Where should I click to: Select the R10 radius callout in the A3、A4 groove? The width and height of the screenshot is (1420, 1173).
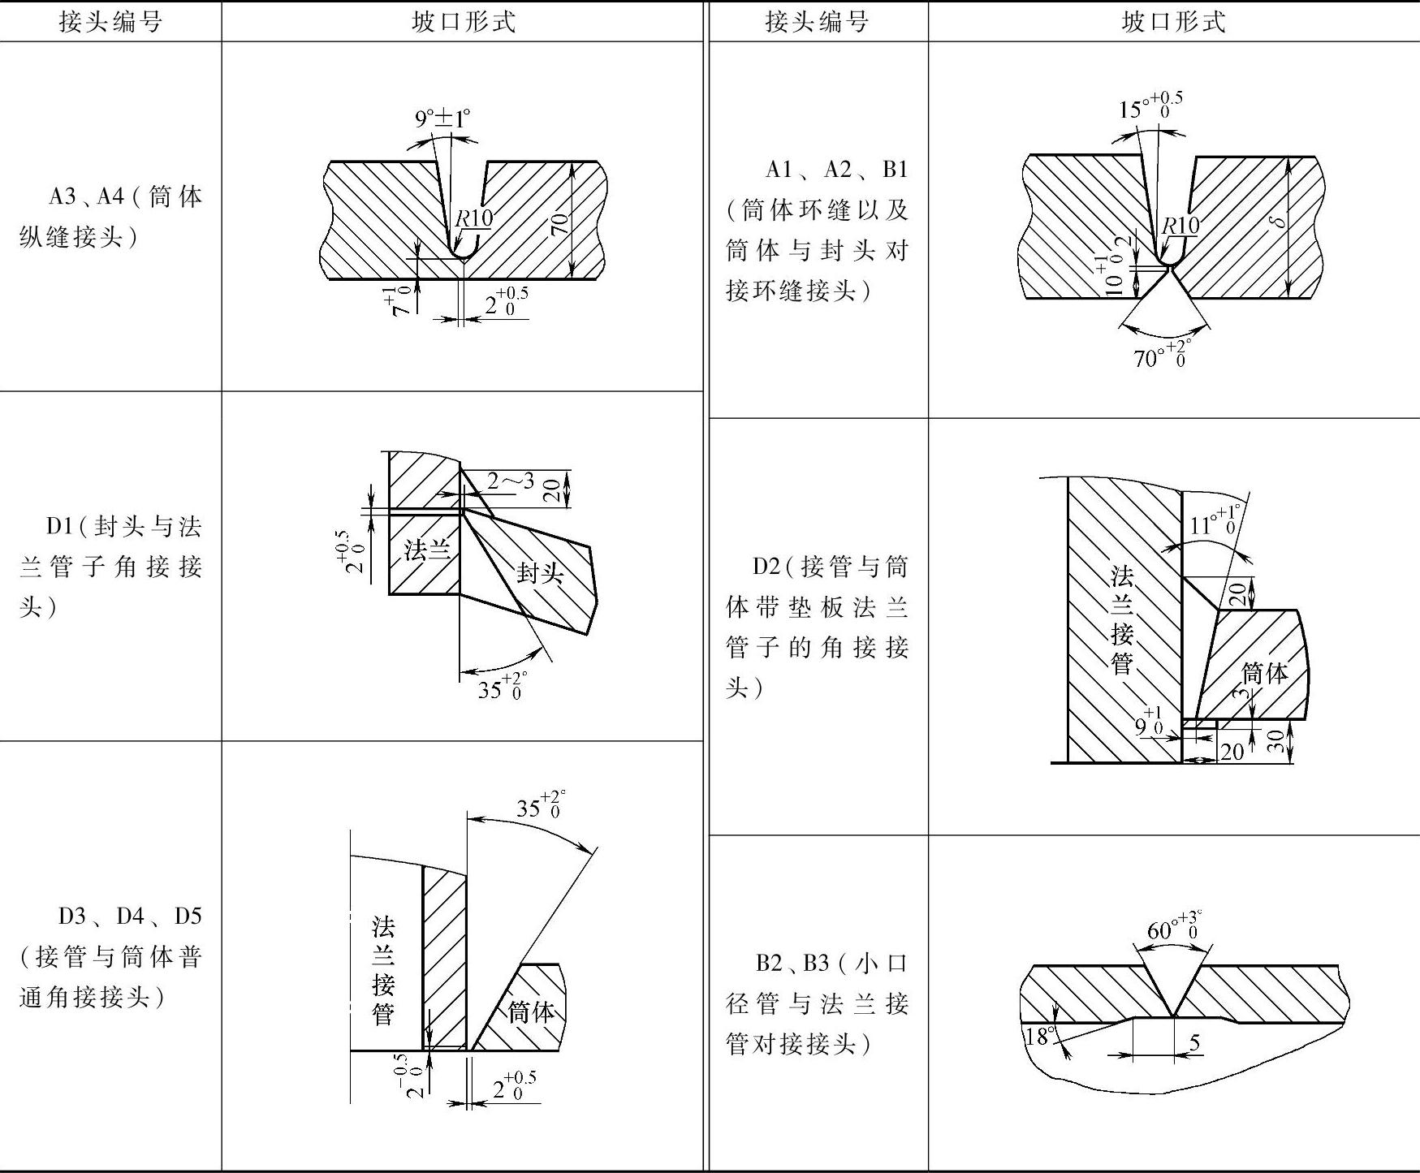[x=473, y=218]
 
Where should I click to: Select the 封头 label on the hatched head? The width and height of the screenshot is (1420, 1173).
[x=540, y=573]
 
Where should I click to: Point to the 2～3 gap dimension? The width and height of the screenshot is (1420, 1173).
[x=510, y=481]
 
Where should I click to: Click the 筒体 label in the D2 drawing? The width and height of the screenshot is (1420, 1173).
[x=1265, y=672]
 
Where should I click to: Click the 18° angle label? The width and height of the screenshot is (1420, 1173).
[x=1038, y=1037]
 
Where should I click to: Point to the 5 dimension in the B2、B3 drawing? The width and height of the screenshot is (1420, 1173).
[x=1194, y=1041]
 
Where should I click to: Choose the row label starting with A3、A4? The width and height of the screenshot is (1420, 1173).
[x=111, y=217]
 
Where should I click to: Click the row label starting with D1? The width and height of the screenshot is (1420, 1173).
[x=111, y=566]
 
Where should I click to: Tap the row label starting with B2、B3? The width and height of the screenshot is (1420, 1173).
[x=817, y=1003]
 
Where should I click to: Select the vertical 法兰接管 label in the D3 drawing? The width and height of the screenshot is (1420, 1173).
[x=382, y=970]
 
